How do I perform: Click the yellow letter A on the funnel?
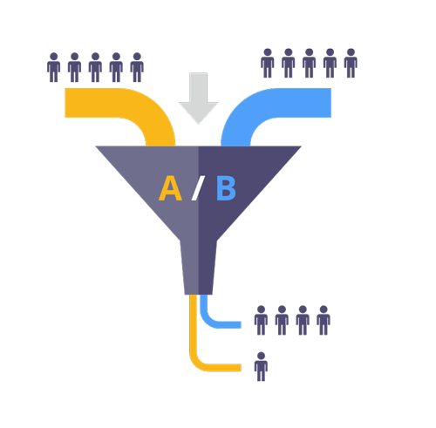[x=170, y=188]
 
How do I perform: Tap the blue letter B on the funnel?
[x=226, y=188]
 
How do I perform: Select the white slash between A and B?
[x=198, y=188]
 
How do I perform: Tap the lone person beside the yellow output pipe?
[x=261, y=367]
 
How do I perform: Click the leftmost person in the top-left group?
[x=54, y=67]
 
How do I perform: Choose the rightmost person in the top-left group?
[x=137, y=67]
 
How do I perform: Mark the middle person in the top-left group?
[x=95, y=67]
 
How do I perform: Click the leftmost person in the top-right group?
[x=267, y=63]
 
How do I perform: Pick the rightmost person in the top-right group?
[x=351, y=63]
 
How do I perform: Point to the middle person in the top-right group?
[x=309, y=63]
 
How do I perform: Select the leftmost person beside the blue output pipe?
[x=261, y=320]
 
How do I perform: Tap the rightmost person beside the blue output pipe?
[x=324, y=320]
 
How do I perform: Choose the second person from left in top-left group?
[x=74, y=67]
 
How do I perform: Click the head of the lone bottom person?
[x=261, y=357]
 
